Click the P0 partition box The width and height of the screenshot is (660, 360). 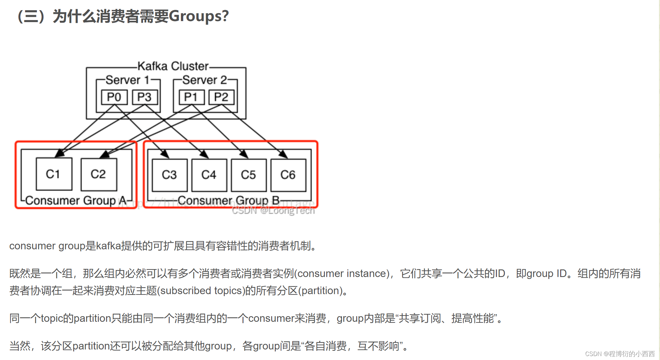(114, 97)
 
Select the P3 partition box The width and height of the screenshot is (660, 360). (145, 97)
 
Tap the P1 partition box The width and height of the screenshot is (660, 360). (191, 97)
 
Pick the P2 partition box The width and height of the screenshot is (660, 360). (221, 97)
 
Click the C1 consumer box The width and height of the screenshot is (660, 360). (54, 174)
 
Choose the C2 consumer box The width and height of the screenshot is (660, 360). (99, 174)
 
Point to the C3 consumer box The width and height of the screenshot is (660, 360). (169, 175)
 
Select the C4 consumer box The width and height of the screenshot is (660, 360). (209, 175)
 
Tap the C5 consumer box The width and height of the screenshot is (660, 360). (248, 175)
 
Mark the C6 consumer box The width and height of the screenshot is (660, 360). (288, 175)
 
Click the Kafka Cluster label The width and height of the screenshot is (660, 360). (173, 66)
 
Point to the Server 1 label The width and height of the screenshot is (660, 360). (128, 80)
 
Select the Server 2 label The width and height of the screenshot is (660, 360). (205, 80)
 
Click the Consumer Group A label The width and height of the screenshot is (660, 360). (76, 200)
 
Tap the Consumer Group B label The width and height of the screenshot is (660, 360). (229, 200)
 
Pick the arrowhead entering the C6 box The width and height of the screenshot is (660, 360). (284, 154)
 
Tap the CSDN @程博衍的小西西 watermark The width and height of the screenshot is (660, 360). (619, 354)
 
